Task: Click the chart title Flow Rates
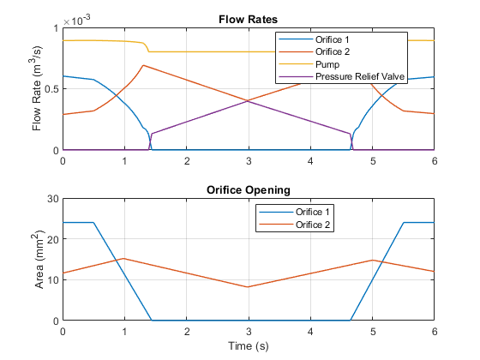coord(248,20)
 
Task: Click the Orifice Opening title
coord(249,190)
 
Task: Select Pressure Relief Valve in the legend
coord(360,76)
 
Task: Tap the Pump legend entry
coord(327,64)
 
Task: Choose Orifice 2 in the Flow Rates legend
coord(333,51)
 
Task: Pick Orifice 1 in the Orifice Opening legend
coord(312,212)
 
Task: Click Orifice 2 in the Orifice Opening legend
coord(313,225)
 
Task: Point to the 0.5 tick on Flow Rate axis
coord(51,89)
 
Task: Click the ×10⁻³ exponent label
coord(76,21)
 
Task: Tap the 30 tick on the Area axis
coord(52,199)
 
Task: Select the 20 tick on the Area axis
coord(52,239)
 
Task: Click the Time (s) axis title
coord(249,346)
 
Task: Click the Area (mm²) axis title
coord(39,260)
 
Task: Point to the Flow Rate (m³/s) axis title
coord(36,89)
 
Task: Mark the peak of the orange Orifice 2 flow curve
coord(143,65)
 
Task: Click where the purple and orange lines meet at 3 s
coord(249,101)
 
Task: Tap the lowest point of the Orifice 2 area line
coord(248,287)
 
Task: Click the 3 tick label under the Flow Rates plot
coord(249,161)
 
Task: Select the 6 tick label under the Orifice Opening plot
coord(435,332)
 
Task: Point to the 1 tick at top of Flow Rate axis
coord(56,28)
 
